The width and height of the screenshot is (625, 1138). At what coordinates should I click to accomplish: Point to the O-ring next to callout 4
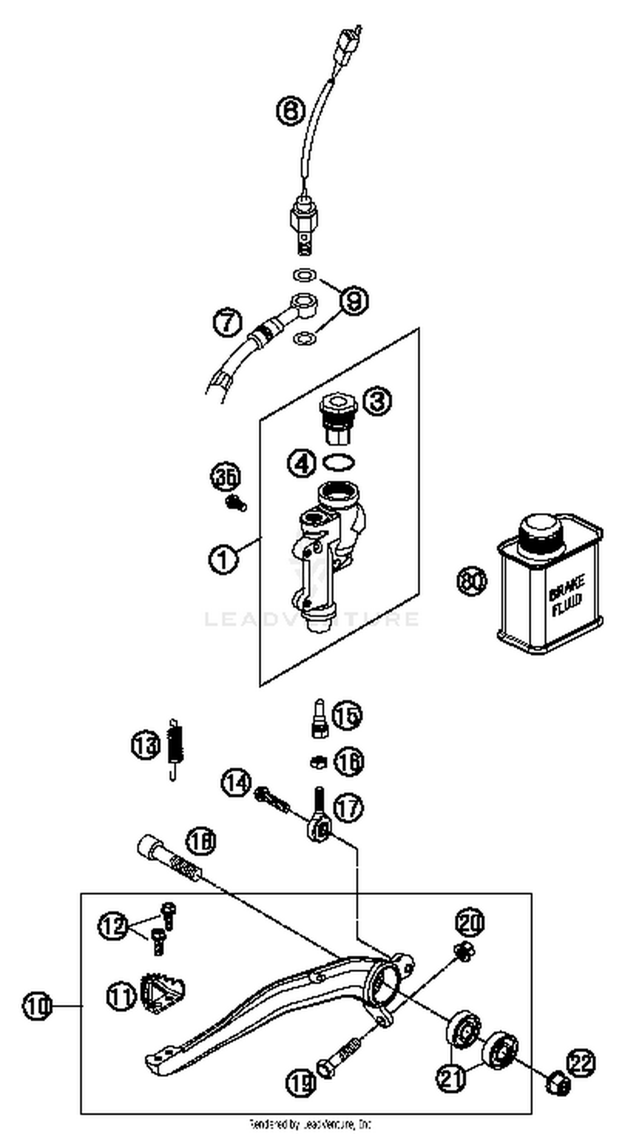click(x=339, y=463)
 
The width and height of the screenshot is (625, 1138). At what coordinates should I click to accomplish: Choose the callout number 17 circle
click(x=348, y=807)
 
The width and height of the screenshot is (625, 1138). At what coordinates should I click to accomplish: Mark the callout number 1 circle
click(x=223, y=560)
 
